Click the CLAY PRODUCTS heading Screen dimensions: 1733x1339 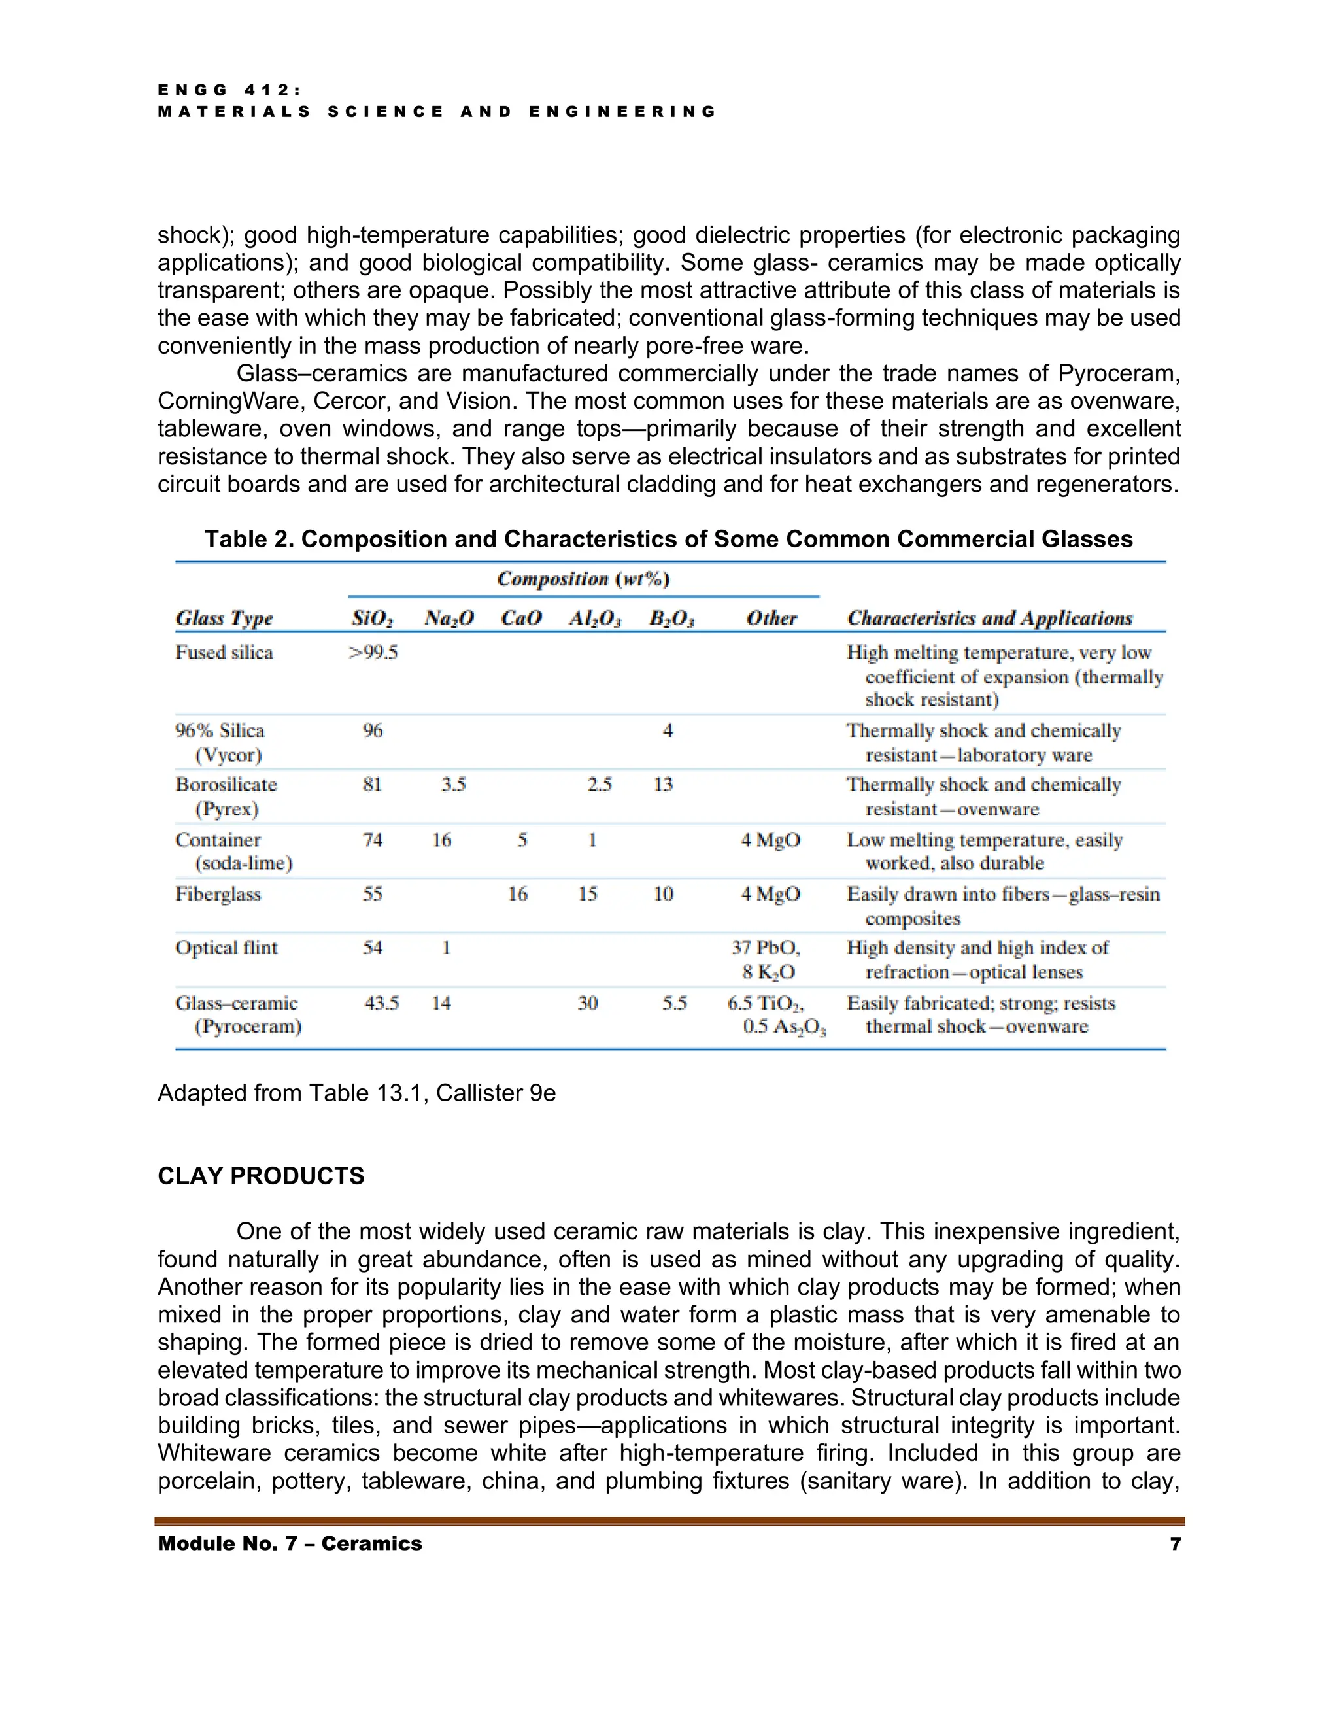point(260,1175)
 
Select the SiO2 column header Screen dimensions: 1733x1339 point(372,618)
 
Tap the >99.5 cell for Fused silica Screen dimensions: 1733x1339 point(373,652)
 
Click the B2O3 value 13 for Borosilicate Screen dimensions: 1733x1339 point(663,785)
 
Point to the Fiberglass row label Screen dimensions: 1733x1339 point(218,894)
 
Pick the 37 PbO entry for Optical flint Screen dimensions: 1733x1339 point(766,948)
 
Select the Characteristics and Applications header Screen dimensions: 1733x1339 point(989,618)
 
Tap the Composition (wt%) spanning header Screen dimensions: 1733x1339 point(583,579)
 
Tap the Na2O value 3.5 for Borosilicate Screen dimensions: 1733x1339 point(454,785)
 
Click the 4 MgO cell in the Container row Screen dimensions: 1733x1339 point(770,840)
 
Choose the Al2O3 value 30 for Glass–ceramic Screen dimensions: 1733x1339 point(588,1003)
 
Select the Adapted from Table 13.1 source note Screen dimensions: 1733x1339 point(356,1093)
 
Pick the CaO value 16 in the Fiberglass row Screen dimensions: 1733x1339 point(518,894)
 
